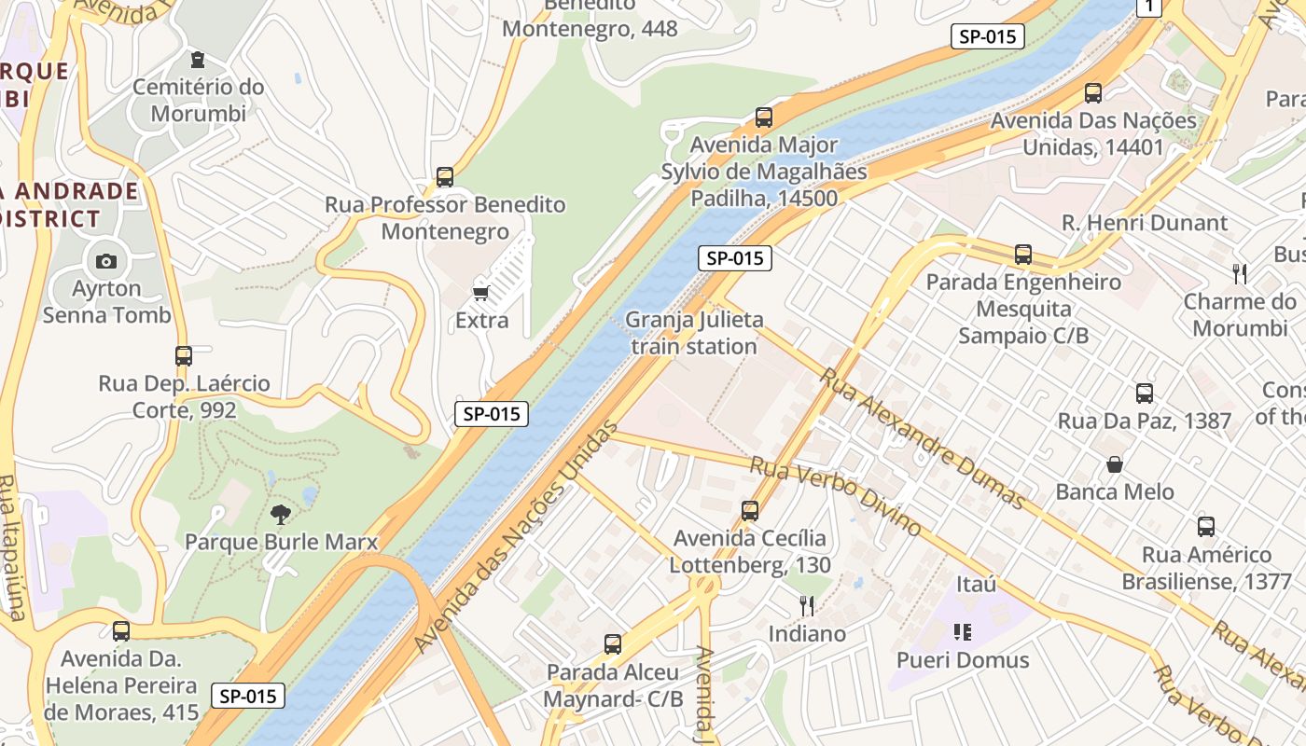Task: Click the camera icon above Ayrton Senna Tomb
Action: (x=106, y=261)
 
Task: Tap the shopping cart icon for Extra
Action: (x=481, y=294)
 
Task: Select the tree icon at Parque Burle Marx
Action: (x=280, y=514)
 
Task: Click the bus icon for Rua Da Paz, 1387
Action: (x=1145, y=394)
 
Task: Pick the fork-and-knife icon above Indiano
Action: (x=807, y=606)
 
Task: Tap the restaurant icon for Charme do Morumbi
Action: (x=1240, y=274)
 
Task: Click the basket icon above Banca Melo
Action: (x=1115, y=464)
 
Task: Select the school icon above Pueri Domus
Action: (x=963, y=632)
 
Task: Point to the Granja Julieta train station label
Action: (x=693, y=333)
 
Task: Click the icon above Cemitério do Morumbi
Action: (x=198, y=60)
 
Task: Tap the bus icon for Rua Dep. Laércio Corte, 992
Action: (x=184, y=355)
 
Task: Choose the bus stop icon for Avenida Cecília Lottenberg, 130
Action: (x=750, y=510)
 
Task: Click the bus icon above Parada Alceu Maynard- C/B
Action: (x=613, y=643)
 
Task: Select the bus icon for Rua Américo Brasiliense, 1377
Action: (x=1206, y=527)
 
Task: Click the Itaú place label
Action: (x=977, y=585)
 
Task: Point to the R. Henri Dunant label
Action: (x=1145, y=223)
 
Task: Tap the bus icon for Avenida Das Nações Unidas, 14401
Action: (x=1093, y=93)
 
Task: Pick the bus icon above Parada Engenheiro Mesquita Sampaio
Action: (x=1023, y=254)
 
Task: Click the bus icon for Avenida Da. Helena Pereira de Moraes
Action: (x=121, y=631)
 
